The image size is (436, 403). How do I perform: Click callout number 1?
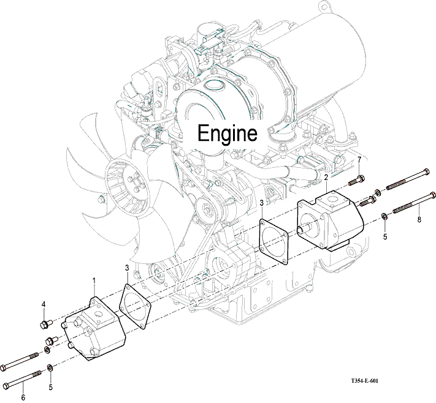94,281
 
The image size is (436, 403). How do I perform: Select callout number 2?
326,178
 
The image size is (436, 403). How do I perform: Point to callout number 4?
44,304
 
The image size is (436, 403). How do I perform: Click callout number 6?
23,397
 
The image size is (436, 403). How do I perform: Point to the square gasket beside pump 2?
273,239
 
